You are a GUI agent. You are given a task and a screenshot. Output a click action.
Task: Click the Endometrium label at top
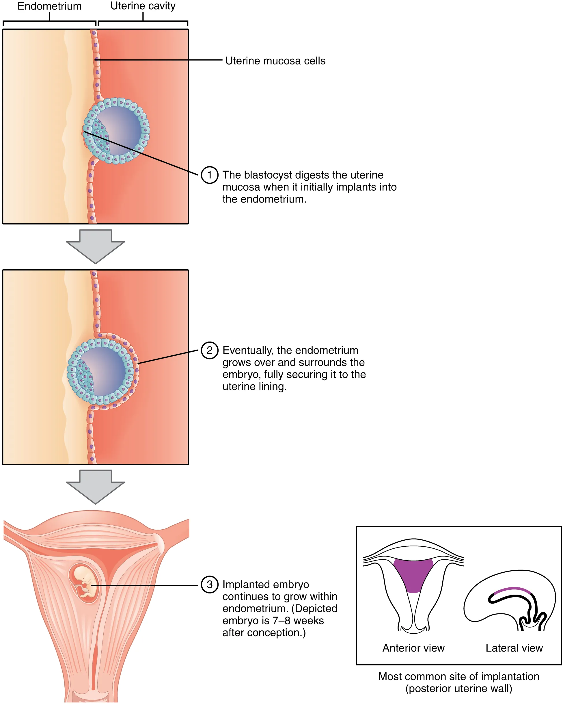[x=49, y=6]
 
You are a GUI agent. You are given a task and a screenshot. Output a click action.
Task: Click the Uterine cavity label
[x=143, y=6]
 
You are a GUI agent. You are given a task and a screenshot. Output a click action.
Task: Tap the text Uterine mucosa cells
[x=275, y=61]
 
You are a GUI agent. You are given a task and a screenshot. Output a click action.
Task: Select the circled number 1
[x=209, y=175]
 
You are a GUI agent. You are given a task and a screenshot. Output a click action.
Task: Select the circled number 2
[x=209, y=350]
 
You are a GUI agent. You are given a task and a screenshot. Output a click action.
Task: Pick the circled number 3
[x=209, y=584]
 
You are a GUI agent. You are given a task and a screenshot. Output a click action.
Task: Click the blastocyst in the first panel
[x=116, y=131]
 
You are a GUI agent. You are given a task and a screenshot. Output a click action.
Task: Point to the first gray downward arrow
[x=95, y=246]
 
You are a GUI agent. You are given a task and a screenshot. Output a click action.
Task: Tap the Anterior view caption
[x=413, y=648]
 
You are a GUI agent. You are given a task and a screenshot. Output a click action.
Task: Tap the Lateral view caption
[x=514, y=648]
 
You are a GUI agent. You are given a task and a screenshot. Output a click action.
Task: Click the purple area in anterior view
[x=413, y=574]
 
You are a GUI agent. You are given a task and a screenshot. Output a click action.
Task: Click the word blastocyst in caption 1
[x=268, y=175]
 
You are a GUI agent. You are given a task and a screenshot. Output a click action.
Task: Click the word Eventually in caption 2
[x=248, y=350]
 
